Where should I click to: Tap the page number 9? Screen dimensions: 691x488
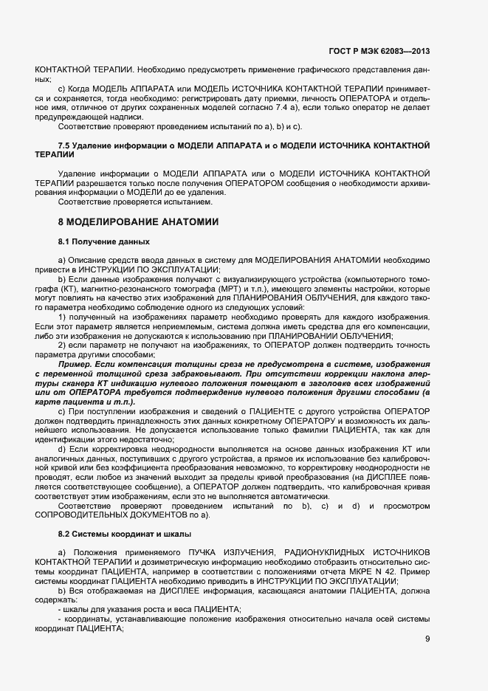pyautogui.click(x=427, y=639)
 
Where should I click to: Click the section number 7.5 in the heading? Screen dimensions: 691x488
pyautogui.click(x=65, y=145)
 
